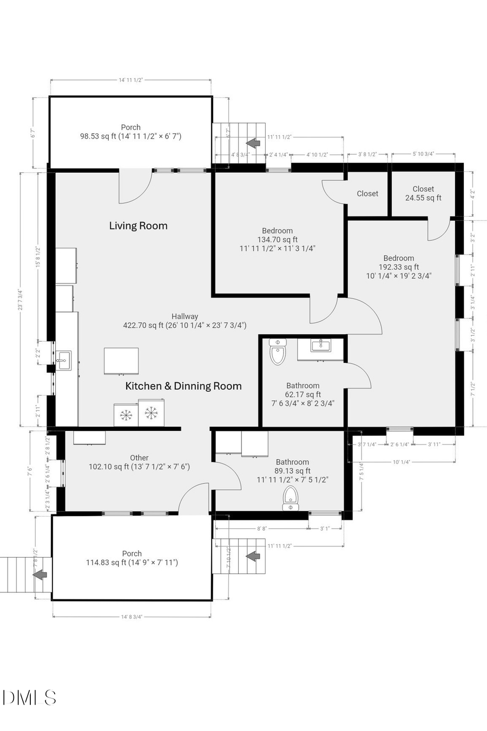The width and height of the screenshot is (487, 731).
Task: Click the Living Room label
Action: point(138,226)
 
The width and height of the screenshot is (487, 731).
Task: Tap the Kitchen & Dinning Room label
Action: point(183,386)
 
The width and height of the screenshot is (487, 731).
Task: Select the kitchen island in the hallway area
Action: point(122,361)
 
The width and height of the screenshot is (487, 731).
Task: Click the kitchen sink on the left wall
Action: point(63,360)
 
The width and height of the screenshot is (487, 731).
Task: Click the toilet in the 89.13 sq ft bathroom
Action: point(291,498)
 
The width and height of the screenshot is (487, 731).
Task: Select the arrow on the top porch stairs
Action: point(251,143)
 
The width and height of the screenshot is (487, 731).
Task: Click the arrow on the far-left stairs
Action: point(40,575)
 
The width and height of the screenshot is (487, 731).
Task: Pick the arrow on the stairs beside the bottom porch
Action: point(251,556)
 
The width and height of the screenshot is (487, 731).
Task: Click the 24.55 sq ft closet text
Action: point(423,198)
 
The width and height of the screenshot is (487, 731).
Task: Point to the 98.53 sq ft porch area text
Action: point(130,136)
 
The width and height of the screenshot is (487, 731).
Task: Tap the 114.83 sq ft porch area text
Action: point(131,563)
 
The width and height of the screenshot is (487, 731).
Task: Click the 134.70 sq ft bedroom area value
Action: point(277,239)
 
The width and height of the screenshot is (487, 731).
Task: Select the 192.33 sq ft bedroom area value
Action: point(399,267)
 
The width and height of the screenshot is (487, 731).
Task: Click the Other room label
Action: point(139,458)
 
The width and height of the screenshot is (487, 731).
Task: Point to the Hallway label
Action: point(185,316)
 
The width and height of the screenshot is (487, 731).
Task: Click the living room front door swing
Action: point(134,187)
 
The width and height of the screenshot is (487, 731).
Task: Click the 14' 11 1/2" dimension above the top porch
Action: point(130,80)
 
